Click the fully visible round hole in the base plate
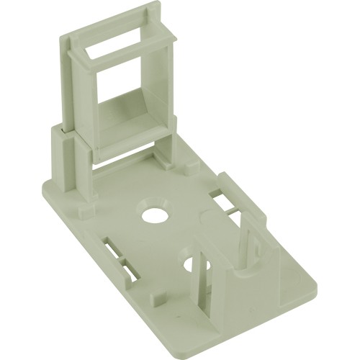[x=153, y=214]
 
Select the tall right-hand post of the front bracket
[x=248, y=245]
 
